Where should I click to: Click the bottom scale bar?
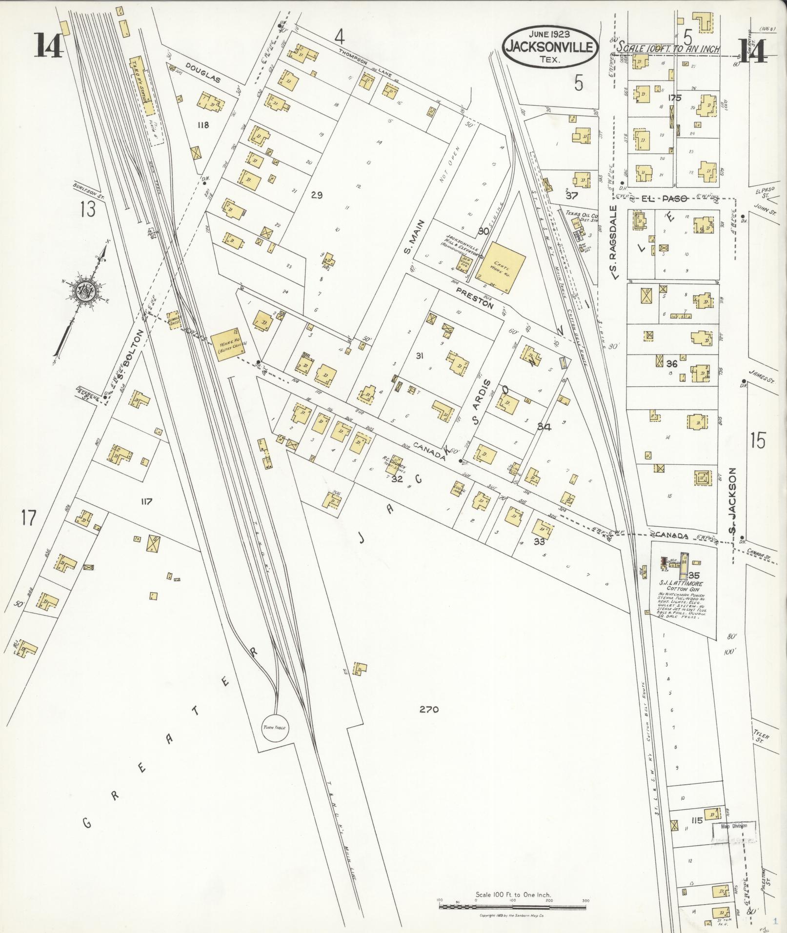(512, 906)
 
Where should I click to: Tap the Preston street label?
(475, 299)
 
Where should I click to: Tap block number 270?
(428, 709)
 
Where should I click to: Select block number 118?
(202, 125)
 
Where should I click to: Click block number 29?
(317, 195)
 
